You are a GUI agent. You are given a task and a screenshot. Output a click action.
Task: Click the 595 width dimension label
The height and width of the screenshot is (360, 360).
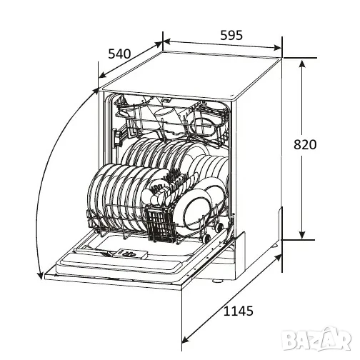tap(231, 35)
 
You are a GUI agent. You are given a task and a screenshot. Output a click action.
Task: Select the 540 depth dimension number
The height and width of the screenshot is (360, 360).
tap(119, 54)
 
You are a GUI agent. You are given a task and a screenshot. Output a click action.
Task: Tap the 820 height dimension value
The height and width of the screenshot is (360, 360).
tap(305, 144)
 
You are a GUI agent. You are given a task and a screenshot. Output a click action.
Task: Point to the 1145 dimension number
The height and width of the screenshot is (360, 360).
tap(239, 311)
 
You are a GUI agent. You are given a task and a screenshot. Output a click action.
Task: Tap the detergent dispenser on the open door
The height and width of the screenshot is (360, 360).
tap(130, 254)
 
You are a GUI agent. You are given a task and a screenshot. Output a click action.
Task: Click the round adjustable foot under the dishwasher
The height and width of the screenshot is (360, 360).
tap(217, 281)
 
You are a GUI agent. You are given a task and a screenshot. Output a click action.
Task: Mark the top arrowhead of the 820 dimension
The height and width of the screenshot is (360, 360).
tap(302, 64)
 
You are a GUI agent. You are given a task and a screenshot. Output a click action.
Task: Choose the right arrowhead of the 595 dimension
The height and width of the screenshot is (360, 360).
tap(277, 47)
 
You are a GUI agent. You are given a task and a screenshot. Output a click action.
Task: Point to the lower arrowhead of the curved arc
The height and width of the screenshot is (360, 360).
tap(40, 275)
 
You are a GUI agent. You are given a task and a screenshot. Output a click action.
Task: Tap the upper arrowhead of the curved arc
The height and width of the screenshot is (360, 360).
tap(95, 91)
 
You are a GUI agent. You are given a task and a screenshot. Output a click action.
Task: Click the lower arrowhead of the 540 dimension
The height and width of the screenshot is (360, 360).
tap(102, 75)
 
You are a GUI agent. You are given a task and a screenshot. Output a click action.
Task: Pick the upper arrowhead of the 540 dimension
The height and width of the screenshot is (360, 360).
tap(159, 44)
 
